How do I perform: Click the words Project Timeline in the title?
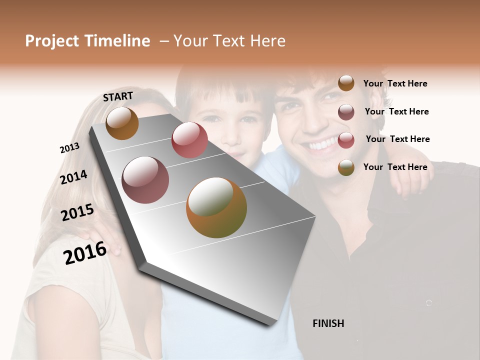point(87,41)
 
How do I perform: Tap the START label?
point(118,96)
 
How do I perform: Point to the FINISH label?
point(328,323)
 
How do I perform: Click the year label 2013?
point(69,148)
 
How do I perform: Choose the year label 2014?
point(73,177)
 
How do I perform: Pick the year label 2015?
point(77,212)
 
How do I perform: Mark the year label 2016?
point(85,253)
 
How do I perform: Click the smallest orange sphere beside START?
point(122,123)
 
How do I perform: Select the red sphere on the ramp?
point(189,140)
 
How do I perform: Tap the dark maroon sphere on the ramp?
point(145,180)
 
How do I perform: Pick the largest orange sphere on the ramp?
point(216,207)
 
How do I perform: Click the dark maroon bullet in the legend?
point(346,112)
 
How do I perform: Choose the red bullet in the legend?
point(346,140)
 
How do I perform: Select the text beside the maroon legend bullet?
point(396,111)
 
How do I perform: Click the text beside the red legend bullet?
point(397,139)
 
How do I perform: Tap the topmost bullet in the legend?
point(346,83)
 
